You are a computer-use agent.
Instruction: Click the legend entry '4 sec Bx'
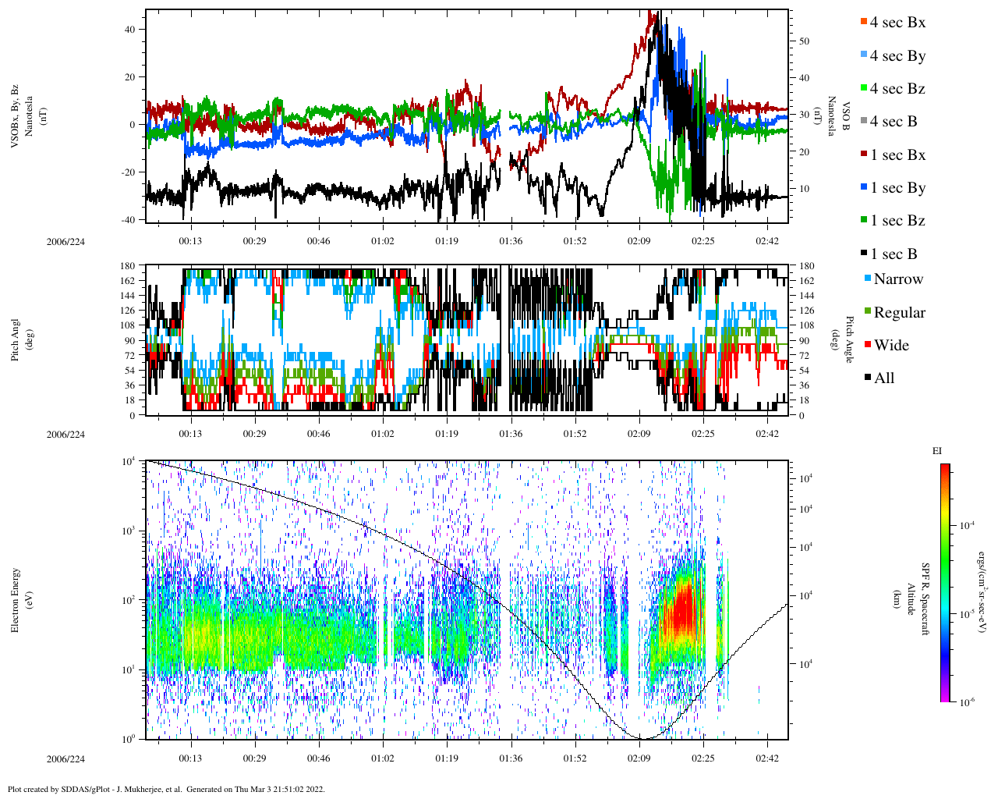[897, 23]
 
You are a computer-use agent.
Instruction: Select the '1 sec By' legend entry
[897, 188]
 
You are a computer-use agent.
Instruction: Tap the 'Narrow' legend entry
[897, 279]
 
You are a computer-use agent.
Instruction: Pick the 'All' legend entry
[883, 378]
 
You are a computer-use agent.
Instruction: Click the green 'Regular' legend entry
[899, 313]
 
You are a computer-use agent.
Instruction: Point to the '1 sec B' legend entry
[894, 254]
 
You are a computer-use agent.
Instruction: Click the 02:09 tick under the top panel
[639, 241]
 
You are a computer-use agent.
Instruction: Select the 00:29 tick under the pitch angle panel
[254, 435]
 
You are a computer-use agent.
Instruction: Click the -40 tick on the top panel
[128, 220]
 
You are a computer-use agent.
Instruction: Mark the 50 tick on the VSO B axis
[805, 41]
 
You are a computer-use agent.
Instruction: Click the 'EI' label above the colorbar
[937, 451]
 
